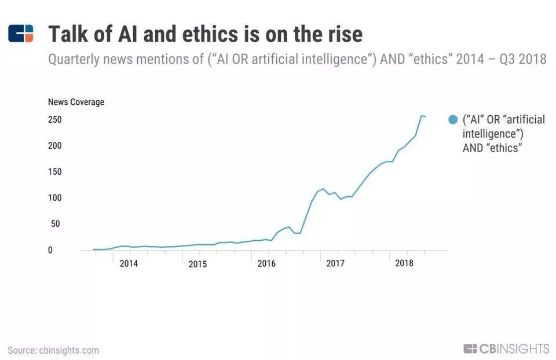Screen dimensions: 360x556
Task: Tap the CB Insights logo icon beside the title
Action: coord(21,34)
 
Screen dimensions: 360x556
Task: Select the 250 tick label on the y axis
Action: coord(54,120)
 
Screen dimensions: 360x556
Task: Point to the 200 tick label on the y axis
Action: coord(54,146)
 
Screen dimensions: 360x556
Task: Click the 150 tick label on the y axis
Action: coord(54,172)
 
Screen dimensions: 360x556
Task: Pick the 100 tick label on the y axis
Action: coord(54,198)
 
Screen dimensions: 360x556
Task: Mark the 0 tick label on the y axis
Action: coord(50,250)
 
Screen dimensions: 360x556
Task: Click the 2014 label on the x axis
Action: coord(129,264)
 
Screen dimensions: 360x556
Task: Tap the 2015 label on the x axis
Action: coord(197,265)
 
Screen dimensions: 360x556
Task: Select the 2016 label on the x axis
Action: coord(266,264)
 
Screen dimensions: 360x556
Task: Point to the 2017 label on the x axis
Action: coord(335,264)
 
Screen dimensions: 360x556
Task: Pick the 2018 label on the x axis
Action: coord(404,263)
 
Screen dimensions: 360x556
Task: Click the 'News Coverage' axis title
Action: coord(76,102)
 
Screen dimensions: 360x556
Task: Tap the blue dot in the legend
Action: coord(453,120)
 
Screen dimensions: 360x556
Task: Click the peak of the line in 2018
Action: coord(421,116)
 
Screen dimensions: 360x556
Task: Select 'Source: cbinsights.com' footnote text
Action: coord(53,350)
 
